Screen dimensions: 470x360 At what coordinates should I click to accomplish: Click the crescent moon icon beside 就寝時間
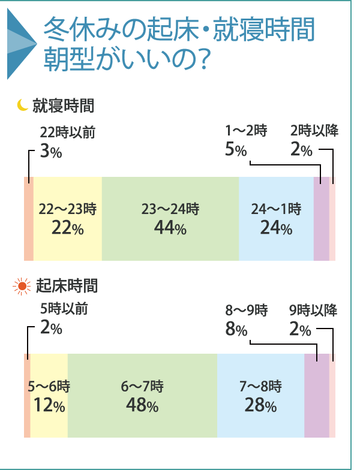click(23, 106)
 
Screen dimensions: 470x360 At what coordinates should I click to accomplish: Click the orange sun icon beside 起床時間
click(23, 286)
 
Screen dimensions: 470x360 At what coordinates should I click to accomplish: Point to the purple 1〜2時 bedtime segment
click(322, 219)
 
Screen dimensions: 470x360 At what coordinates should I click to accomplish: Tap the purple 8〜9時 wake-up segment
click(317, 396)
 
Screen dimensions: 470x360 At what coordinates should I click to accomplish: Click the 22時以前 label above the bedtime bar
click(68, 132)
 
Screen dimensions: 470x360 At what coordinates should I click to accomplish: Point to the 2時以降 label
click(314, 131)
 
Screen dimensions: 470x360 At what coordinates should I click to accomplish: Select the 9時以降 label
click(313, 310)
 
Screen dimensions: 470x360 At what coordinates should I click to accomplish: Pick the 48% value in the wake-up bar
click(142, 405)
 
